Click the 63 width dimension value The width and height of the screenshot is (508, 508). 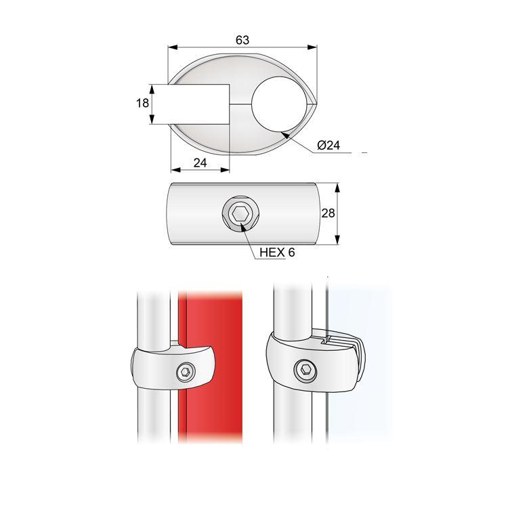tap(242, 39)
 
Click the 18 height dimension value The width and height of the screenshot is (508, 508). tap(142, 104)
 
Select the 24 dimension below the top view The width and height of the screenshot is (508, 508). tap(200, 162)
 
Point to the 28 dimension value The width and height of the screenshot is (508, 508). tap(328, 213)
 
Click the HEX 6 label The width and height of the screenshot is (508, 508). tap(277, 252)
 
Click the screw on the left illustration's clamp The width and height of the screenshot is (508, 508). tap(185, 372)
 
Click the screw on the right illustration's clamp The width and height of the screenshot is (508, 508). tap(307, 370)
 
